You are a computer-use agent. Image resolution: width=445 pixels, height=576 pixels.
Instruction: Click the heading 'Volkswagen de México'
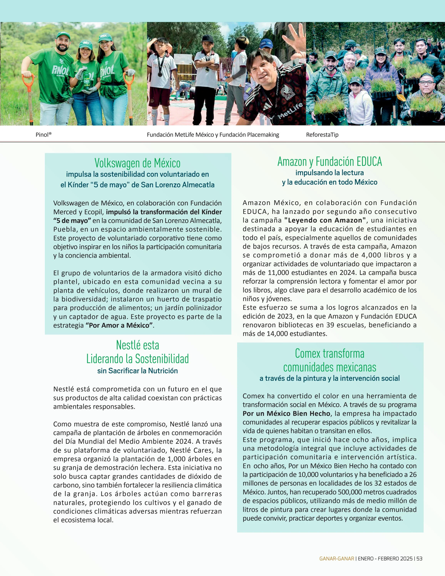[x=137, y=163]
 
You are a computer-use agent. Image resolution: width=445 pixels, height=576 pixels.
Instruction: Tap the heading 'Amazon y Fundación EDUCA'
[x=330, y=162]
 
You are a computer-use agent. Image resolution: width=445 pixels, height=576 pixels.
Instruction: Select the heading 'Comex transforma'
[x=330, y=354]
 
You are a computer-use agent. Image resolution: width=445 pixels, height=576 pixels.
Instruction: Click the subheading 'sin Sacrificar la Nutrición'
[x=137, y=371]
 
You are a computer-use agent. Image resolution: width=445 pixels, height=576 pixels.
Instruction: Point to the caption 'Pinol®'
[x=43, y=135]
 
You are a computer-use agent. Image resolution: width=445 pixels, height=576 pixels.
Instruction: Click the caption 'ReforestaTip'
[x=322, y=135]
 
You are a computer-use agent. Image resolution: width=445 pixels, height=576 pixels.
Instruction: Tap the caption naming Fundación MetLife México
[x=213, y=135]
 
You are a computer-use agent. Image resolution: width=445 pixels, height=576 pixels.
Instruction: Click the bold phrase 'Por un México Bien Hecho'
[x=286, y=414]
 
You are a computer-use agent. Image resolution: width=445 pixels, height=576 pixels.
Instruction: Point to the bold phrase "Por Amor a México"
[x=119, y=326]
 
